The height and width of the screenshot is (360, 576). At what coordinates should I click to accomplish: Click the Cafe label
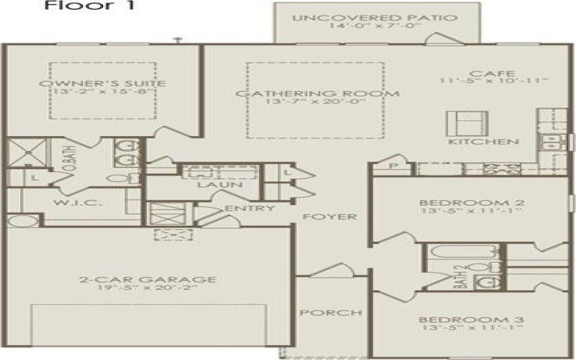coord(481,74)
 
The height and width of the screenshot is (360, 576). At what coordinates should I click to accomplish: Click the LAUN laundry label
coord(220,186)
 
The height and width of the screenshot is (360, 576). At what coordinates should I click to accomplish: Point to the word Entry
coord(249,209)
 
